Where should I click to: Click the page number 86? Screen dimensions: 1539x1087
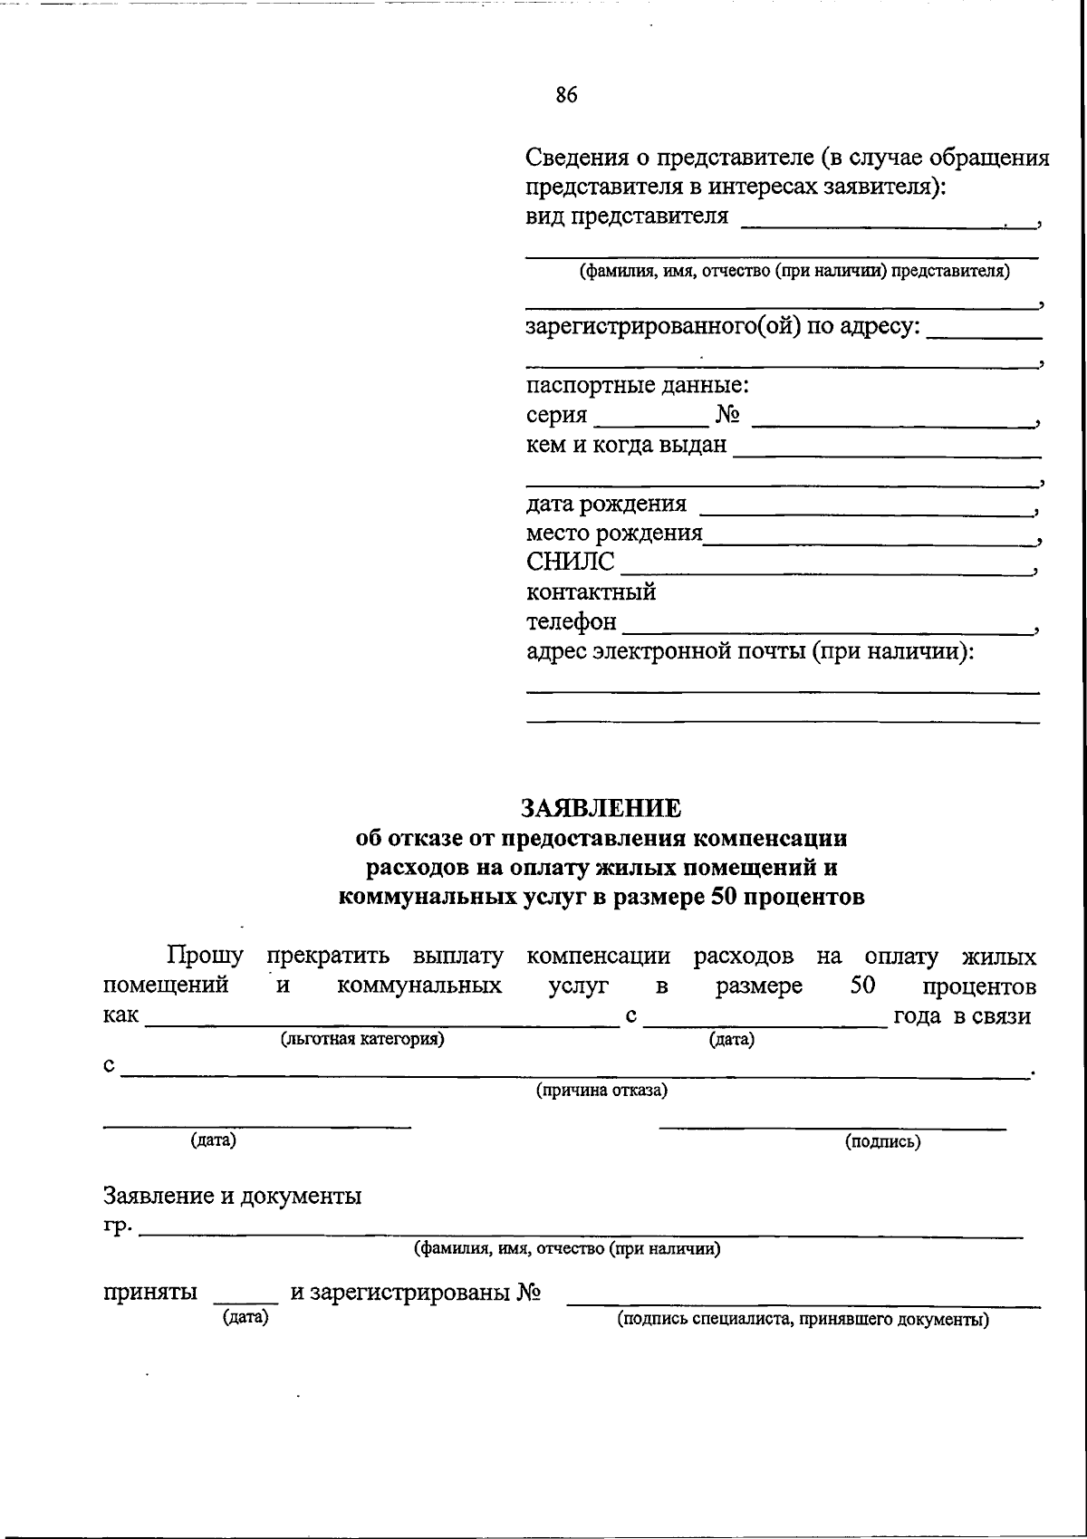[566, 95]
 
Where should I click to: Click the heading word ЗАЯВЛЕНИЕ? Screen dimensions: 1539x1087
[601, 808]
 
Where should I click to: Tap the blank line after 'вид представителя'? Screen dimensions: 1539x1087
[888, 220]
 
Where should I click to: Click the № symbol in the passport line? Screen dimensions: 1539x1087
[728, 416]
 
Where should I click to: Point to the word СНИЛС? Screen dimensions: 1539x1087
[570, 563]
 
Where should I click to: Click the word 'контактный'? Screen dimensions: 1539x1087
[591, 592]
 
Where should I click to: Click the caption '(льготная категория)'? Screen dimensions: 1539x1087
[362, 1039]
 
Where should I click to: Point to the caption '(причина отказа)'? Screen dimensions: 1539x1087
[601, 1091]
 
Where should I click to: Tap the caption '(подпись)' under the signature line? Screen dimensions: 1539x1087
[882, 1141]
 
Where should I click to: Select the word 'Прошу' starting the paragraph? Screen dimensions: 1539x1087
[205, 957]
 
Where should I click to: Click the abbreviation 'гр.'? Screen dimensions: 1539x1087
[118, 1226]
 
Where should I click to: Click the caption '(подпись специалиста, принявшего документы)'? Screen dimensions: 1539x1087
[803, 1320]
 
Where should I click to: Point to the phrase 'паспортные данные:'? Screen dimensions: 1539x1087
[638, 386]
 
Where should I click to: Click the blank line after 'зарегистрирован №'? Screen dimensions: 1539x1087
[803, 1301]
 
